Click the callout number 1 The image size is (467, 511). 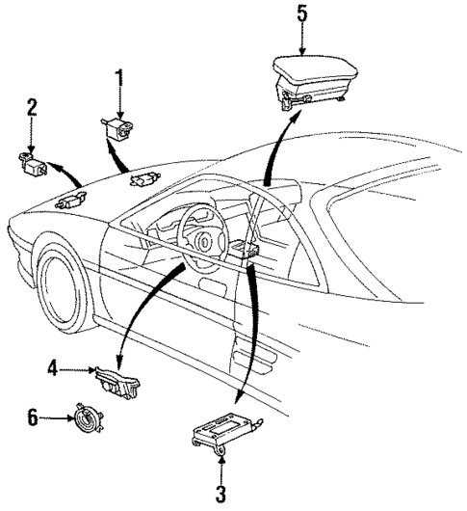click(121, 75)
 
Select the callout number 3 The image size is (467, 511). click(221, 497)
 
